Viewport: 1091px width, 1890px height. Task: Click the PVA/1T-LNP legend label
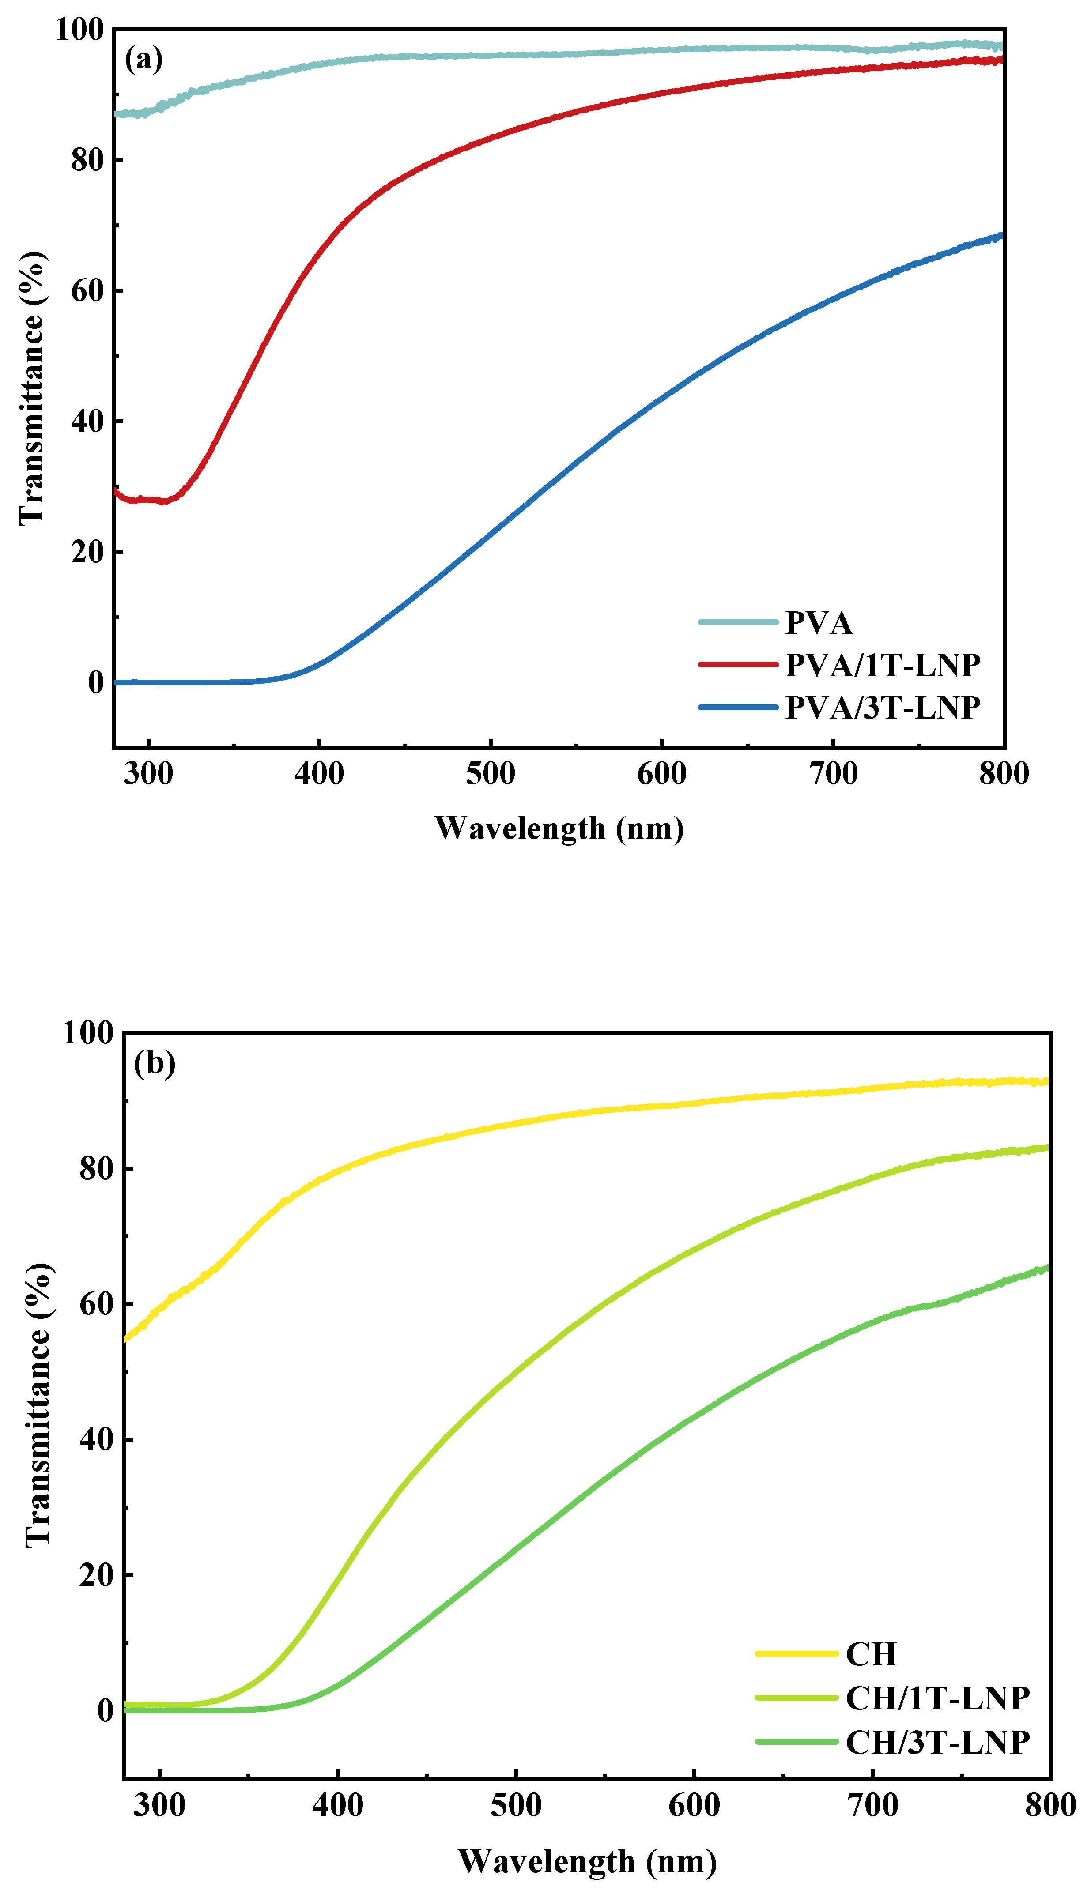pos(883,664)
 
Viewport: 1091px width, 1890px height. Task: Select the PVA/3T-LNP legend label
pos(883,707)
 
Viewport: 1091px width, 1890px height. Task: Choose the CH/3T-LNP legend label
pos(937,1743)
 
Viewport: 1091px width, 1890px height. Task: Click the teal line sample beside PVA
pos(738,622)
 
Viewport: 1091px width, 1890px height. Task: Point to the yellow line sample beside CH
pos(796,1653)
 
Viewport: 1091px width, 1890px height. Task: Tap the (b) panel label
pos(155,1063)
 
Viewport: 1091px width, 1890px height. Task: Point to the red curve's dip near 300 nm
pos(161,501)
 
